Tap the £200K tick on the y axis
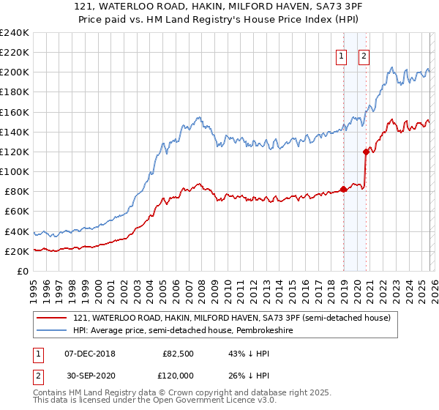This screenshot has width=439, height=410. pos(14,72)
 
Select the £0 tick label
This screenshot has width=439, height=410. pos(23,271)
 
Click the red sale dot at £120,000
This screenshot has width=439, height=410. pos(367,152)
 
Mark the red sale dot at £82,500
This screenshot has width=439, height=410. pos(343,189)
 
